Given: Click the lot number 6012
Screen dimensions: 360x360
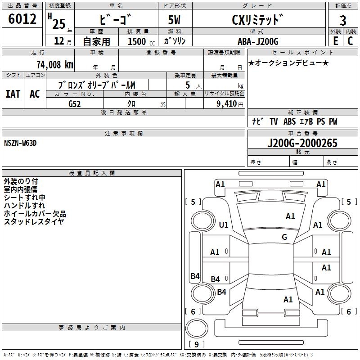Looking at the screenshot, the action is tap(22, 19).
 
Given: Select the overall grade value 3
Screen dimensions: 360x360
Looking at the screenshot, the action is tap(343, 20).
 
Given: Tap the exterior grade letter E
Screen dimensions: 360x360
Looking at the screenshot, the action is tap(336, 41).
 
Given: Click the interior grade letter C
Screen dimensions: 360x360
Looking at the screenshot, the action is tap(350, 41).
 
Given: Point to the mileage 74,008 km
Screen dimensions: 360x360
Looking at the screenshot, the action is tap(55, 64).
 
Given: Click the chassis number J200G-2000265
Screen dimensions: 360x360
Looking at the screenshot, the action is tap(302, 143).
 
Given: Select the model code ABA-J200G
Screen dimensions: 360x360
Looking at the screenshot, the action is tap(258, 41).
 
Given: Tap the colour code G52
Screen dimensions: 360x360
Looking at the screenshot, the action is tap(75, 104).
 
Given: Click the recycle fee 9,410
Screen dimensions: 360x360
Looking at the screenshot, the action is tap(227, 103).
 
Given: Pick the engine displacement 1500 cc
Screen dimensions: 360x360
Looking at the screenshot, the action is tap(141, 41).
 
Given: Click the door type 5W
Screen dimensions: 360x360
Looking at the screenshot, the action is tap(174, 20).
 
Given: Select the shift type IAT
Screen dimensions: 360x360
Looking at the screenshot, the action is tap(13, 94).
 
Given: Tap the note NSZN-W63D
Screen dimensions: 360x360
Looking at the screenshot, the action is tap(20, 143).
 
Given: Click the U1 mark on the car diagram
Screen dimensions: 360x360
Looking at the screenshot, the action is tap(224, 225).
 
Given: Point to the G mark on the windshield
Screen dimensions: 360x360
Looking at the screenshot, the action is tap(284, 237).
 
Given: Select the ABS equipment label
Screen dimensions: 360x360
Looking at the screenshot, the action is tap(289, 121).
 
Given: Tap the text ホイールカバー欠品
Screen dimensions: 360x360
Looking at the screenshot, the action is tap(35, 214).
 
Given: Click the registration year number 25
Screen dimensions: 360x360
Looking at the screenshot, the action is tap(59, 24).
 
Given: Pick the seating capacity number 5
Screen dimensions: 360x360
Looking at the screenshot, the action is tap(188, 85).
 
